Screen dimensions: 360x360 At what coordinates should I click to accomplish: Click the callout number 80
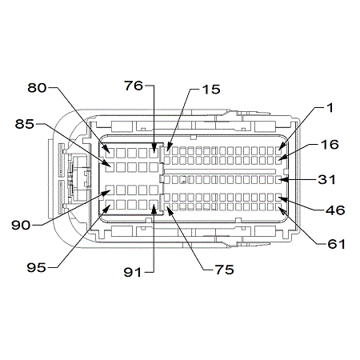click(37, 88)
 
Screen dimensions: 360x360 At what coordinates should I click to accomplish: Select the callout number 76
click(134, 86)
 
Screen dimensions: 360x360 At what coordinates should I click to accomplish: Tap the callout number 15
click(211, 90)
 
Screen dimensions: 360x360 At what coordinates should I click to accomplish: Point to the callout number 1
click(330, 108)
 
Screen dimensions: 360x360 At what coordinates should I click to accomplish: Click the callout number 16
click(330, 144)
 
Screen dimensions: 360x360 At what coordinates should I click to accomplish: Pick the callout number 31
click(327, 179)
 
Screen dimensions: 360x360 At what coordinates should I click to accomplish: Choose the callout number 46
click(335, 210)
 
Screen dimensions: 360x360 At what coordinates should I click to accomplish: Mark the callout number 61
click(336, 244)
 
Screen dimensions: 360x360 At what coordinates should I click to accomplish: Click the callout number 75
click(225, 270)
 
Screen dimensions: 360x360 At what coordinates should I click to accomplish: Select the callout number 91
click(133, 272)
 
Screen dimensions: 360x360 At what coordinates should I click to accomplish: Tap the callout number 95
click(37, 267)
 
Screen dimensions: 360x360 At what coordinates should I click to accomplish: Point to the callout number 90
click(21, 225)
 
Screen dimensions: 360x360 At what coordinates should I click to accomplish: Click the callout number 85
click(25, 124)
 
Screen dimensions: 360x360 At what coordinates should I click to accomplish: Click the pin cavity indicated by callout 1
click(279, 151)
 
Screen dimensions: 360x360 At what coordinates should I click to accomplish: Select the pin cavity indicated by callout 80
click(110, 153)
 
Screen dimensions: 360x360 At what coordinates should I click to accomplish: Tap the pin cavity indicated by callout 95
click(110, 205)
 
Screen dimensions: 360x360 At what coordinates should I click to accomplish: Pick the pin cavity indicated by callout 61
click(279, 206)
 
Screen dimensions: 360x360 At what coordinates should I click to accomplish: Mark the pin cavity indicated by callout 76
click(154, 153)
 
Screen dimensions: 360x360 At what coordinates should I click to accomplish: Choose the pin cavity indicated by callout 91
click(154, 205)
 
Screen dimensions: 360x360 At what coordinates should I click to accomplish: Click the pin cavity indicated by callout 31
click(279, 179)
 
